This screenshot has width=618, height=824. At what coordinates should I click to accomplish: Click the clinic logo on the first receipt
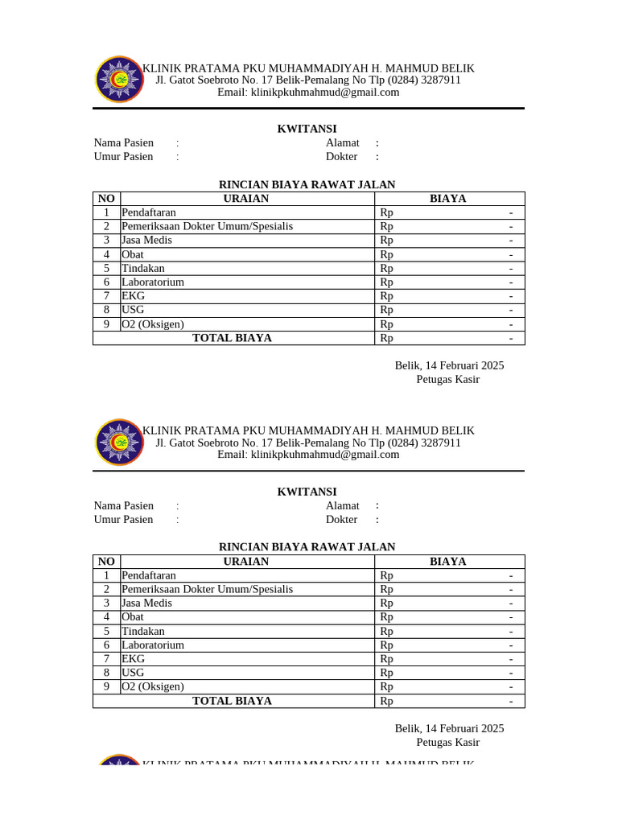119,80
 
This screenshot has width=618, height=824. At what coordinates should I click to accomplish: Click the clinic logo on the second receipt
119,442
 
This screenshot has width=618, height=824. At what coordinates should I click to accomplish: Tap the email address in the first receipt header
308,93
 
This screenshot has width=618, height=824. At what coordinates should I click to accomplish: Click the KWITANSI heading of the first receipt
307,129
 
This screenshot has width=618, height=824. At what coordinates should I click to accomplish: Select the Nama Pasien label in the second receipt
124,505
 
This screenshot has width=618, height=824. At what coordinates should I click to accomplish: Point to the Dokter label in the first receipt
341,157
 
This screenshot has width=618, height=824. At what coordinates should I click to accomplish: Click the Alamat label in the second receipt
342,505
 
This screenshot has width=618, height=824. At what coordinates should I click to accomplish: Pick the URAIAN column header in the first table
246,199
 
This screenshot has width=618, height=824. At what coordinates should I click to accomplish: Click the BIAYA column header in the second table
448,562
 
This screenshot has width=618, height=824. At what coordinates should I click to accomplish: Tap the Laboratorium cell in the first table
153,282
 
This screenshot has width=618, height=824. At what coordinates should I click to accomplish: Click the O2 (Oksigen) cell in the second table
153,686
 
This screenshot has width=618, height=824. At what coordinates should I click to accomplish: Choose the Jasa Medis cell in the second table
146,603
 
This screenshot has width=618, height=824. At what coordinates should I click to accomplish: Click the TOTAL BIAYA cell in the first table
232,338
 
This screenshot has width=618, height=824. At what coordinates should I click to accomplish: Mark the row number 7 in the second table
106,658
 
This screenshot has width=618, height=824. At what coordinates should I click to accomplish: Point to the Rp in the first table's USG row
387,310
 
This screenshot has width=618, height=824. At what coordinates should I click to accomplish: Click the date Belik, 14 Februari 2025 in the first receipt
449,365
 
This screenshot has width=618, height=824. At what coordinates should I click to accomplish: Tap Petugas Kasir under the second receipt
447,742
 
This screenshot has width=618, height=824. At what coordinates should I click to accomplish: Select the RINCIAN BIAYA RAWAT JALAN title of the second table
307,547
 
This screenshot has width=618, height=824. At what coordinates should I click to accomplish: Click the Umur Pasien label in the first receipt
123,157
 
